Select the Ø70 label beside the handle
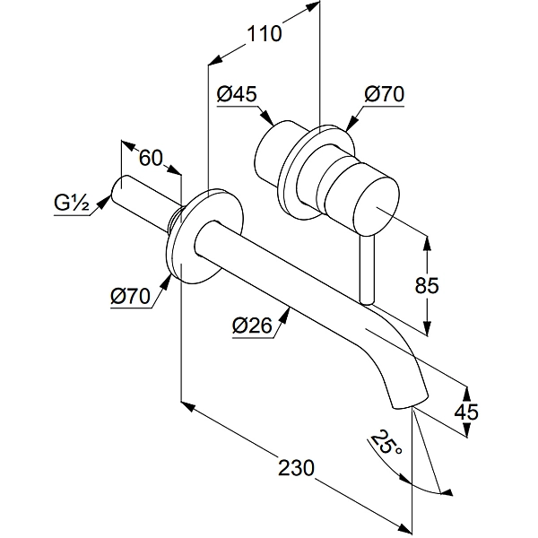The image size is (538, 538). [x=383, y=92]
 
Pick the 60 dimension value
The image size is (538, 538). [x=152, y=159]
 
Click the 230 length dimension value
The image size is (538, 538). [x=295, y=467]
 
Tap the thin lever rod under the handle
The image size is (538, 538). [x=365, y=269]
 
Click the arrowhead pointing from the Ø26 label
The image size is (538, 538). [x=287, y=309]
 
